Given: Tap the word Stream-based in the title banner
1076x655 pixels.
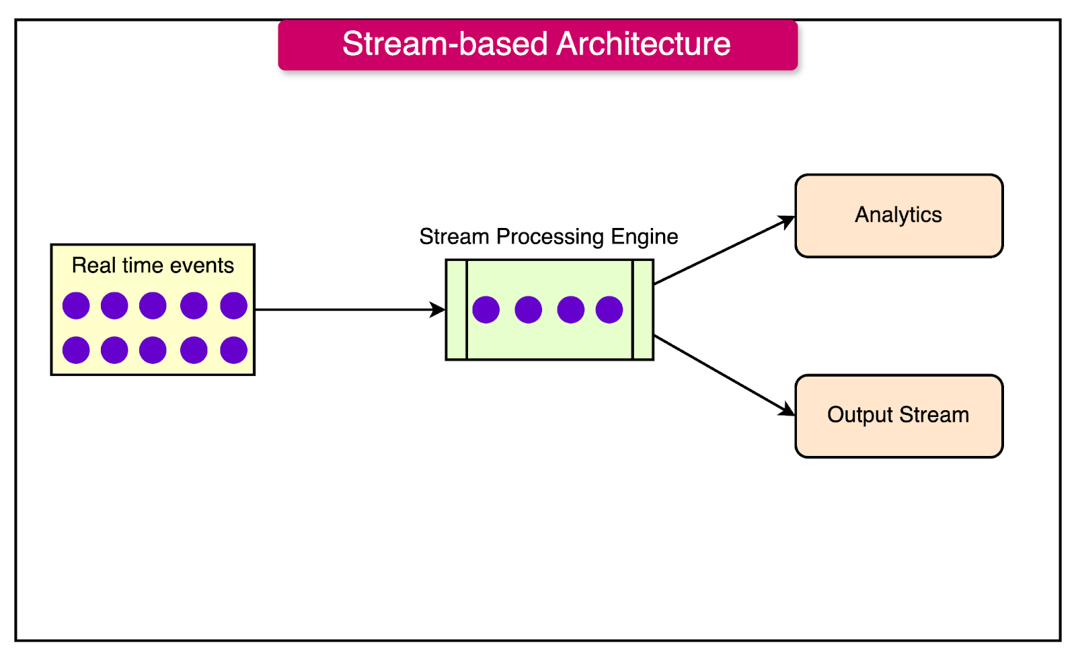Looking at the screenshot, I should click(445, 44).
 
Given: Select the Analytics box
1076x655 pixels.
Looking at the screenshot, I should click(898, 216).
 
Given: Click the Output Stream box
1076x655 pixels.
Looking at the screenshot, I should click(898, 416).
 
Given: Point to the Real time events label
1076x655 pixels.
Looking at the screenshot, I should click(153, 266).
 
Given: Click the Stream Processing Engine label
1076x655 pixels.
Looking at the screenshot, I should click(548, 237).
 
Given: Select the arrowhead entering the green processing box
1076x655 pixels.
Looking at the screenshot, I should click(438, 310).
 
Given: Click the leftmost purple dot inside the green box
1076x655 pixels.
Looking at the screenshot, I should click(486, 310).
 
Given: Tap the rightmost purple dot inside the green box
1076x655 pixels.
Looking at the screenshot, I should click(609, 310).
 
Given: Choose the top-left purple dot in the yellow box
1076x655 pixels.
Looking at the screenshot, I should click(76, 306).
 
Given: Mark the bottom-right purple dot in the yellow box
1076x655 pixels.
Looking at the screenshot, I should click(234, 350).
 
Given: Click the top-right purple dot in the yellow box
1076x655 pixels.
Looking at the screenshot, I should click(234, 306).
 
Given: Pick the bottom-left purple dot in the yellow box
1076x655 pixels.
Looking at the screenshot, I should click(76, 350).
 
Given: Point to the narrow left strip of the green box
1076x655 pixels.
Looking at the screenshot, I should click(457, 310).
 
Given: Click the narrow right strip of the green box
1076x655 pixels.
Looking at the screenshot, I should click(643, 310).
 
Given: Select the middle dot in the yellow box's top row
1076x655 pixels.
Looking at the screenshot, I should click(153, 306).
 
